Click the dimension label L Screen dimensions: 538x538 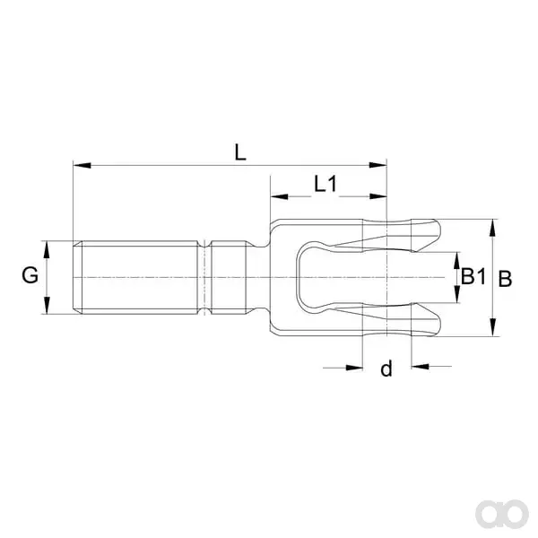point(240,152)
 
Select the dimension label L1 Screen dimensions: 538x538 point(326,184)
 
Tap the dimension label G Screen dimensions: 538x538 point(30,275)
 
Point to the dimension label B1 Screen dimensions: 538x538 point(473,276)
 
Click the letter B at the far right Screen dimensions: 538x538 point(505,279)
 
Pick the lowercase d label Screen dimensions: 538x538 point(386,369)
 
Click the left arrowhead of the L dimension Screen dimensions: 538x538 point(82,165)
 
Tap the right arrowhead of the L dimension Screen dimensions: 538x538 point(377,165)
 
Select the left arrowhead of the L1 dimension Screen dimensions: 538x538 point(279,197)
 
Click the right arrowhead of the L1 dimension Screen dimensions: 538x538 point(377,197)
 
